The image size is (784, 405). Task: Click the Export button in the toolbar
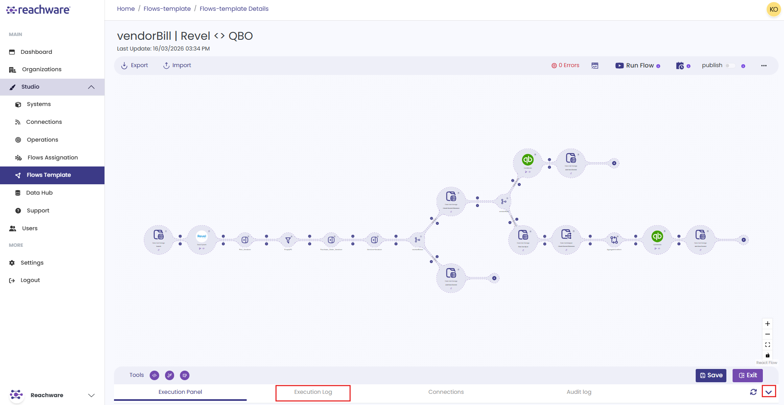(x=134, y=65)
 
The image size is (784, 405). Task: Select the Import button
(x=177, y=65)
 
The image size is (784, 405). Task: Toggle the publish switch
(x=730, y=65)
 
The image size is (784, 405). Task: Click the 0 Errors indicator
(x=566, y=65)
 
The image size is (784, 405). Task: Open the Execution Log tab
(x=313, y=392)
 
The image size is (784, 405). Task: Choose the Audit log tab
(x=579, y=392)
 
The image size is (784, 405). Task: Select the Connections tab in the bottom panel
(x=446, y=392)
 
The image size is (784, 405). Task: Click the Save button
(x=711, y=375)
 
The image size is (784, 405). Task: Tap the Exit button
(x=748, y=375)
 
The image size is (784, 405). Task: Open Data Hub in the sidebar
(x=39, y=193)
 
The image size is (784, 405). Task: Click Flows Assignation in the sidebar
(x=53, y=157)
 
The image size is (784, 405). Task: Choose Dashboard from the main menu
(x=36, y=52)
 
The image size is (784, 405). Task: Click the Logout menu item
(x=30, y=280)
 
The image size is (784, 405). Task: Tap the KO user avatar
(x=774, y=10)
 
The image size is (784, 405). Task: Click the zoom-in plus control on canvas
(x=767, y=324)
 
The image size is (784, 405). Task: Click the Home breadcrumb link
(x=126, y=9)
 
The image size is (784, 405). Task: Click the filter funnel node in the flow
(x=288, y=240)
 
